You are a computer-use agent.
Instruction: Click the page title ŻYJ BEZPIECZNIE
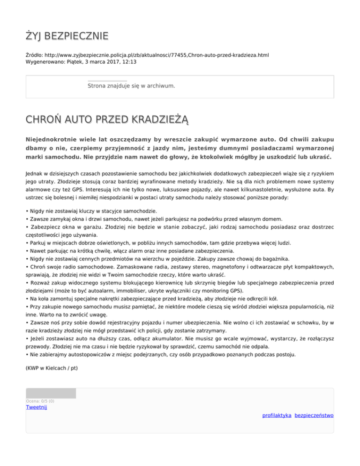tap(67, 36)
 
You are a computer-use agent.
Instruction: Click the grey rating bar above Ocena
tap(51, 393)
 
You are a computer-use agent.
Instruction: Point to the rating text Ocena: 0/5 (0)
tap(40, 401)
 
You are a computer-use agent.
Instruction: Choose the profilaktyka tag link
tap(277, 415)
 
